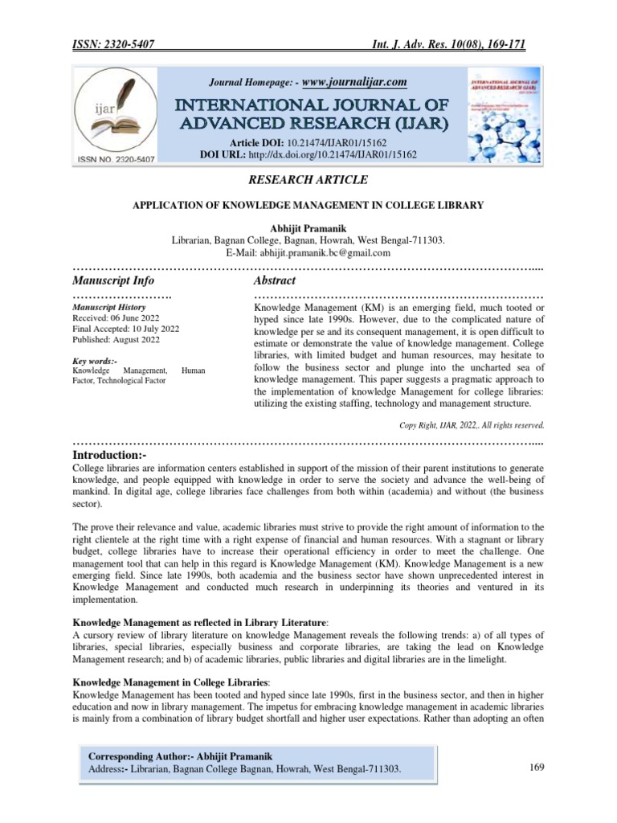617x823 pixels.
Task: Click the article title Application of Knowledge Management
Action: [308, 205]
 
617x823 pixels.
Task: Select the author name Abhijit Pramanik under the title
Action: [308, 229]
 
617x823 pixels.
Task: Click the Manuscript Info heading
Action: [113, 280]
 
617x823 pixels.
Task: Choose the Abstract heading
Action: [275, 280]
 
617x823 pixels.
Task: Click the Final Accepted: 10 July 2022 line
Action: [125, 330]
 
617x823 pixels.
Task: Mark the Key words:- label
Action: [94, 361]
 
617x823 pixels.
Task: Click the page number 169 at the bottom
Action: [537, 768]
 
